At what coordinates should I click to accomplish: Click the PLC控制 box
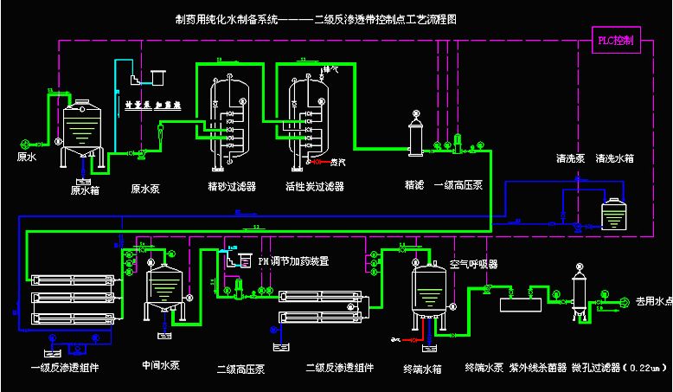click(x=616, y=41)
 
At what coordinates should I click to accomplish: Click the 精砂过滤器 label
click(x=231, y=186)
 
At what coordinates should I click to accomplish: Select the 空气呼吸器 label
click(x=475, y=264)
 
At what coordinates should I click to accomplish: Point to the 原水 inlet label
click(x=26, y=157)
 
